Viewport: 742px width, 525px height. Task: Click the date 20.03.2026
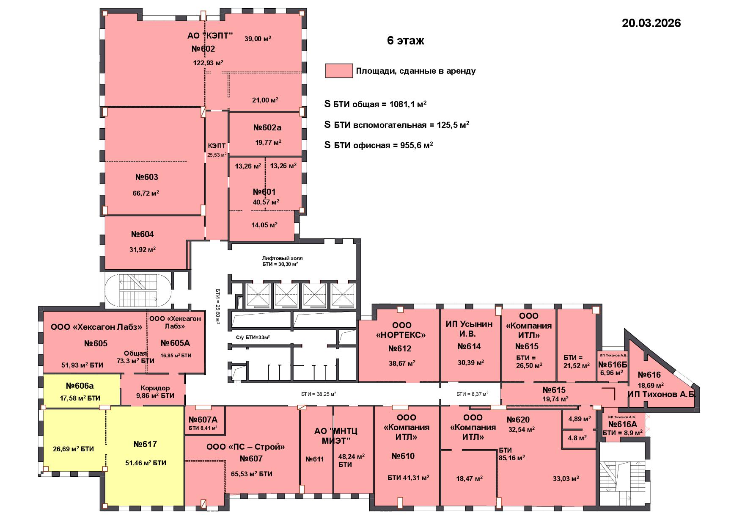pyautogui.click(x=651, y=23)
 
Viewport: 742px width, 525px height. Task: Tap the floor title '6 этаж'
pyautogui.click(x=405, y=41)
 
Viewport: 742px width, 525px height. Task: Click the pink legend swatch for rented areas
pyautogui.click(x=339, y=71)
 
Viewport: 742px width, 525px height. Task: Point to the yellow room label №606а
pyautogui.click(x=80, y=386)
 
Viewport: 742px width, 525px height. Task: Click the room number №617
pyautogui.click(x=145, y=444)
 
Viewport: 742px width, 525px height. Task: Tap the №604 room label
pyautogui.click(x=142, y=234)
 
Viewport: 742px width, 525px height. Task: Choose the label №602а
pyautogui.click(x=267, y=127)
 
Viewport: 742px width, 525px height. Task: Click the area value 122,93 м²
pyautogui.click(x=208, y=63)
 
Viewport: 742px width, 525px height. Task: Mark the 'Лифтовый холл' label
pyautogui.click(x=283, y=258)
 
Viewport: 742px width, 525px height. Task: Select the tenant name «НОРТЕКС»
pyautogui.click(x=401, y=335)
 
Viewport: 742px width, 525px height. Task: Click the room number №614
pyautogui.click(x=469, y=346)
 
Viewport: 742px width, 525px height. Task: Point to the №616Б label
pyautogui.click(x=613, y=365)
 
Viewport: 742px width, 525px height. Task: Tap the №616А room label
pyautogui.click(x=622, y=424)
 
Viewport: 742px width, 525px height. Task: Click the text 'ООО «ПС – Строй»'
pyautogui.click(x=245, y=447)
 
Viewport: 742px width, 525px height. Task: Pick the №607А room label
pyautogui.click(x=203, y=420)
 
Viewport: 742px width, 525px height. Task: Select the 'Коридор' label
pyautogui.click(x=155, y=388)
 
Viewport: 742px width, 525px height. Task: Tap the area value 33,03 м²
pyautogui.click(x=566, y=478)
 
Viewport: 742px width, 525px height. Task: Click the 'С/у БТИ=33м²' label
pyautogui.click(x=253, y=337)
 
